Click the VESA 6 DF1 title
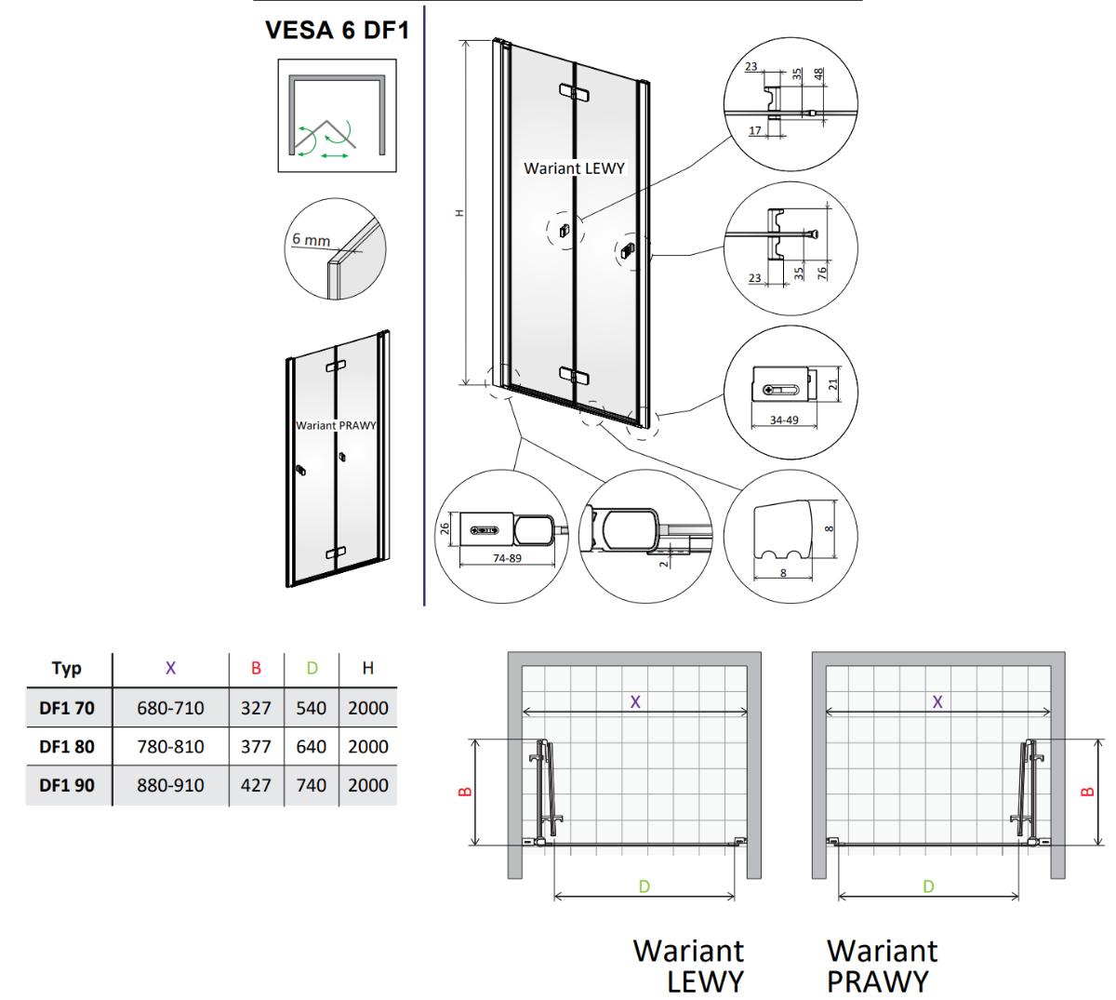337,30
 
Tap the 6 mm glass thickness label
311,240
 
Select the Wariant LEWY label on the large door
574,168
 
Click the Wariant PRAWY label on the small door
336,425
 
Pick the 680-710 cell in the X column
170,707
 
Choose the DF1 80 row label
67,746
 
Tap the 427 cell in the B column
256,784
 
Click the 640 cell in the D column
312,746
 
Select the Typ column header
67,668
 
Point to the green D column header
312,668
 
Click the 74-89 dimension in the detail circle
507,558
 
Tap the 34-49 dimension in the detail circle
784,420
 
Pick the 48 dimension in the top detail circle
818,73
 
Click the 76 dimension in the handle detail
822,273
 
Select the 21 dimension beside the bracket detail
833,384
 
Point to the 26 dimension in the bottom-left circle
445,528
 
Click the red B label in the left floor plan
465,792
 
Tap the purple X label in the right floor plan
937,701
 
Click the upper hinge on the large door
574,93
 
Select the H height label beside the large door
459,213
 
